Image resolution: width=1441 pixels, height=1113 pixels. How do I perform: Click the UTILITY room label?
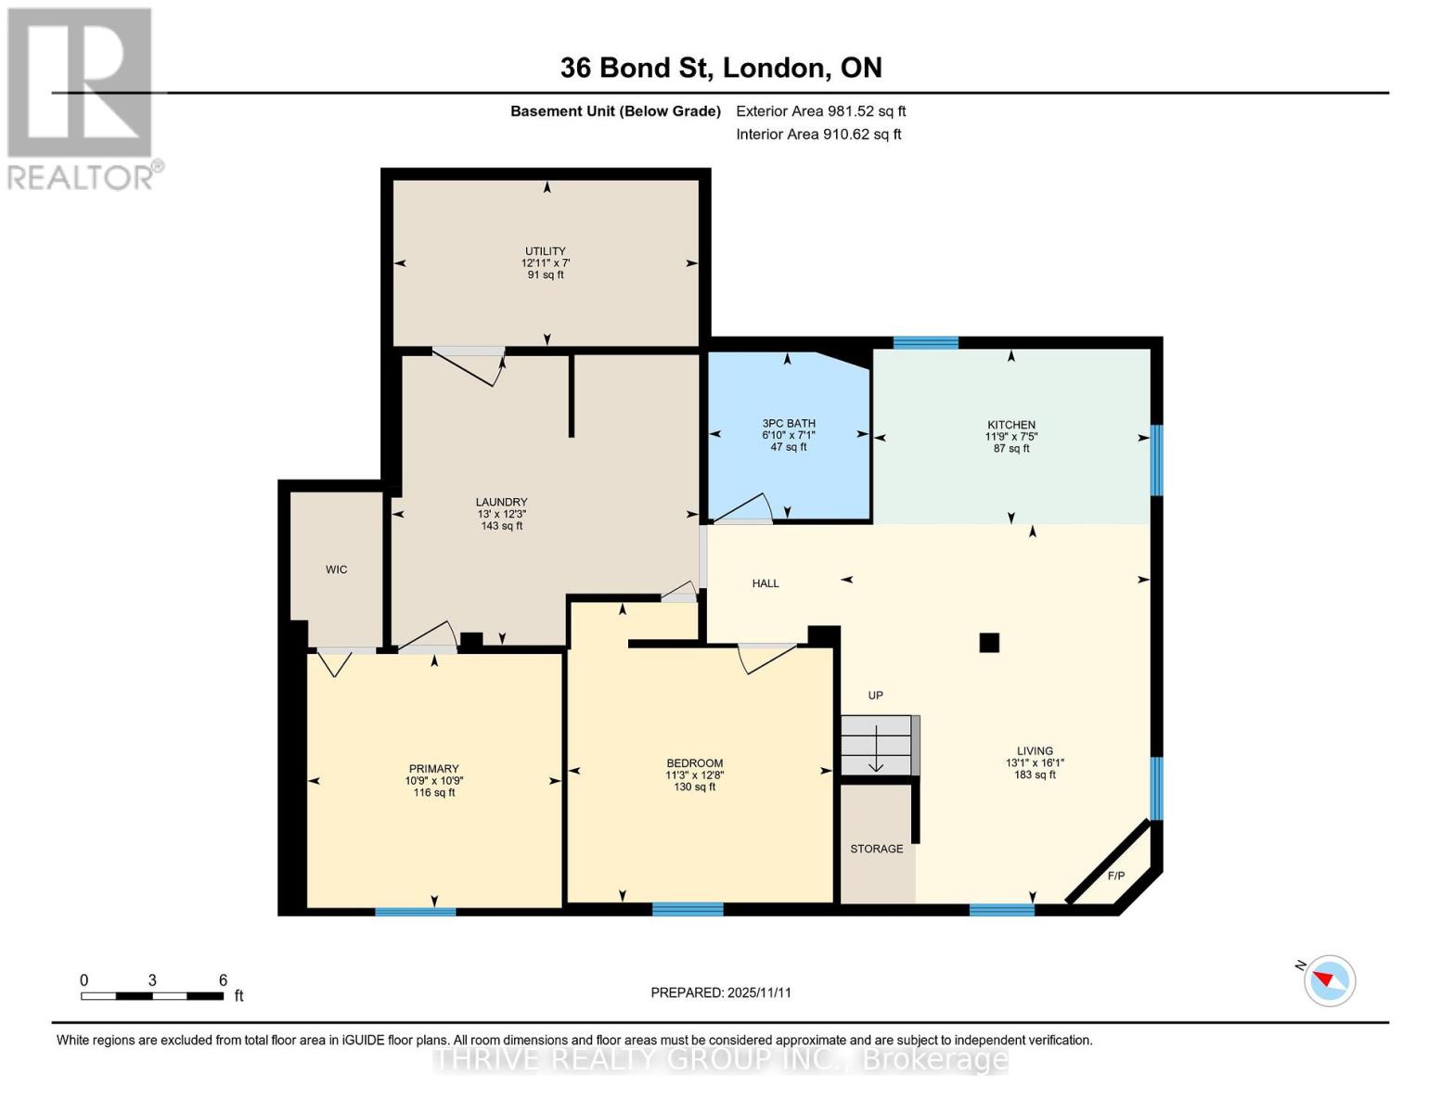(x=545, y=251)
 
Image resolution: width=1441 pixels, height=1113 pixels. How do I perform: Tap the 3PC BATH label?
(x=788, y=424)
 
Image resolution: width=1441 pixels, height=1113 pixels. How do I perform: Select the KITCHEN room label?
(x=1010, y=426)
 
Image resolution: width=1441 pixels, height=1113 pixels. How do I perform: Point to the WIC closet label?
(x=336, y=569)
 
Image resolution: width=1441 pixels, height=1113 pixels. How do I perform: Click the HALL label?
(x=766, y=583)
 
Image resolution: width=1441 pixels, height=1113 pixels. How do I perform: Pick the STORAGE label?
(x=876, y=849)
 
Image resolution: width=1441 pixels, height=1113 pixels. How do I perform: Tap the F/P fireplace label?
(x=1115, y=876)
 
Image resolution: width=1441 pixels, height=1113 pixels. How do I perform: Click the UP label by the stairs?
(x=875, y=696)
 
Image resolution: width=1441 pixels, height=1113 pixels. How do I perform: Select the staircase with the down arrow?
(x=878, y=746)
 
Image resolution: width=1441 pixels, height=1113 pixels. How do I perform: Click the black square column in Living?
(x=989, y=642)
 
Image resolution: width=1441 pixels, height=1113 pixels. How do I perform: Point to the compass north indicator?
(x=1329, y=980)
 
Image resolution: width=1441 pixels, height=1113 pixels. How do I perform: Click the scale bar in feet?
(x=152, y=996)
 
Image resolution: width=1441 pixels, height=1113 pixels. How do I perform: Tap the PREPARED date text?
(x=721, y=992)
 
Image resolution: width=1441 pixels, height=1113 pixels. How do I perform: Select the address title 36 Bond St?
(x=721, y=68)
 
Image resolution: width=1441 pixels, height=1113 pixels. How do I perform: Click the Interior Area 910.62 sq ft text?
(x=818, y=134)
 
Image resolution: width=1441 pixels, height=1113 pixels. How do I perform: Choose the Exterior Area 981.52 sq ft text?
(x=820, y=111)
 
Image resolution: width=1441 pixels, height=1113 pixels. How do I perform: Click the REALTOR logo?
(x=82, y=98)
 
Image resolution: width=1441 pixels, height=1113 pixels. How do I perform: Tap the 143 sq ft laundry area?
(x=501, y=526)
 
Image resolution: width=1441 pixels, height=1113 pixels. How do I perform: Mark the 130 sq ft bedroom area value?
(x=694, y=787)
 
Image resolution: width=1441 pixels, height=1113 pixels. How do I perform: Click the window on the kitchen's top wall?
(x=925, y=343)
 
